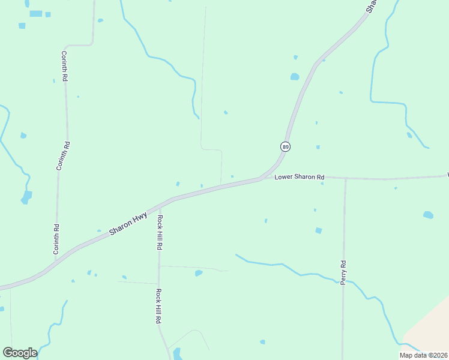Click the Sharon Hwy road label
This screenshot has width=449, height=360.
128,222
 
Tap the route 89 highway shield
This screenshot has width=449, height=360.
285,146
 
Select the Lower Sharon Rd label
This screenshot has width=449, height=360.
300,177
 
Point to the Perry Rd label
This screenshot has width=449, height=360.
343,272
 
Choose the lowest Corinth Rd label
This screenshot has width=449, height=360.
56,239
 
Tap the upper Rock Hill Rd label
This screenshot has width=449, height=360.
160,232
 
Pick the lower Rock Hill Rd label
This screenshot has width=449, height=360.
159,307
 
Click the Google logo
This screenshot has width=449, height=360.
20,353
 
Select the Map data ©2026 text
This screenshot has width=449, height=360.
423,355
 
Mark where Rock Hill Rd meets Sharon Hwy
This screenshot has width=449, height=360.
159,204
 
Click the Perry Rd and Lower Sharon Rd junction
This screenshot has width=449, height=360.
346,178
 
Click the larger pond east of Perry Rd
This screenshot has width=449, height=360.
428,214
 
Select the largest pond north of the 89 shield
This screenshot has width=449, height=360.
295,77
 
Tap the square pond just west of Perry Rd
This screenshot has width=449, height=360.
319,230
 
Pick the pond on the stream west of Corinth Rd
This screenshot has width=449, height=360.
27,196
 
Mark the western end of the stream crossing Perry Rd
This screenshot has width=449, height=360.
236,254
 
